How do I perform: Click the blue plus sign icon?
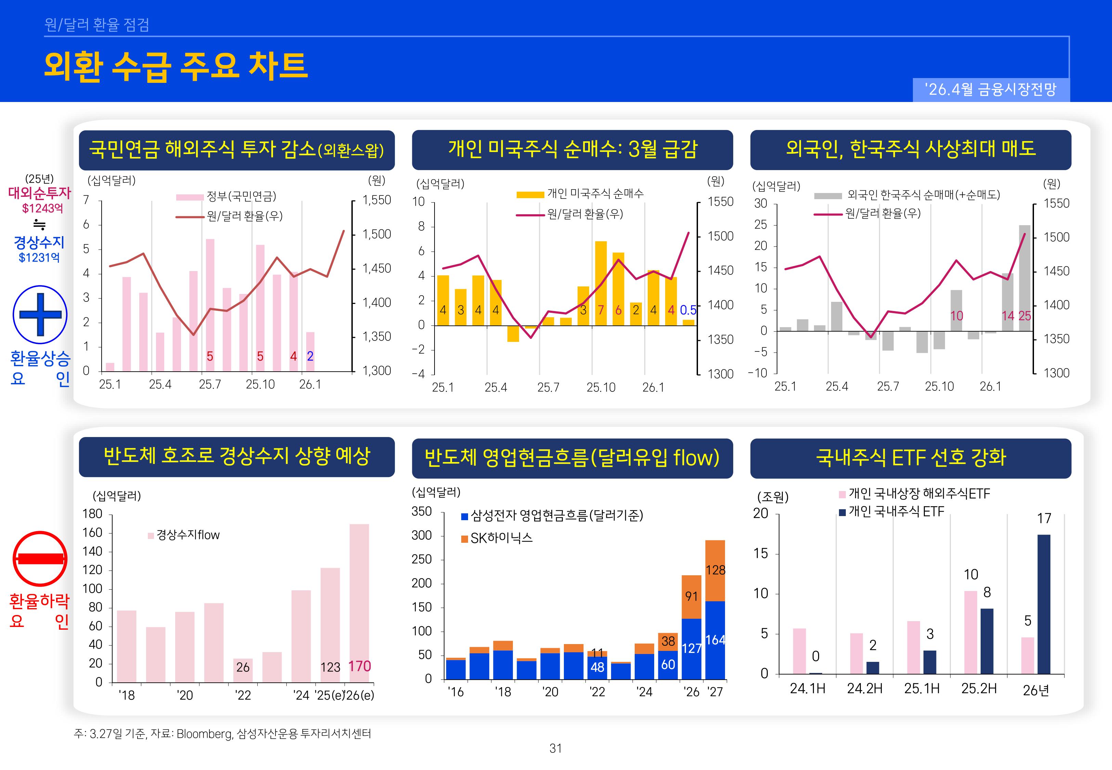40,315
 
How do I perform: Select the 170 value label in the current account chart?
359,666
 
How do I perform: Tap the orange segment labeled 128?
715,570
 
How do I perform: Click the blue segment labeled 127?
691,649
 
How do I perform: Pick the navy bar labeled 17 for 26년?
1044,603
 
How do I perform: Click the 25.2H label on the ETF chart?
979,689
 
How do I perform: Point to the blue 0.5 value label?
688,310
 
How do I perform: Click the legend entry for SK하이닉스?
501,538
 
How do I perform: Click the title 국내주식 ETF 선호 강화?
910,457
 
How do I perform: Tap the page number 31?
556,748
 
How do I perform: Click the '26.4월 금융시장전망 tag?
991,89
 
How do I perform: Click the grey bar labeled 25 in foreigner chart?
1024,278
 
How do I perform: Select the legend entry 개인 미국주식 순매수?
595,194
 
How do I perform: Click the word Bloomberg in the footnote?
204,734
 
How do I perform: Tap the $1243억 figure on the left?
42,208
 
